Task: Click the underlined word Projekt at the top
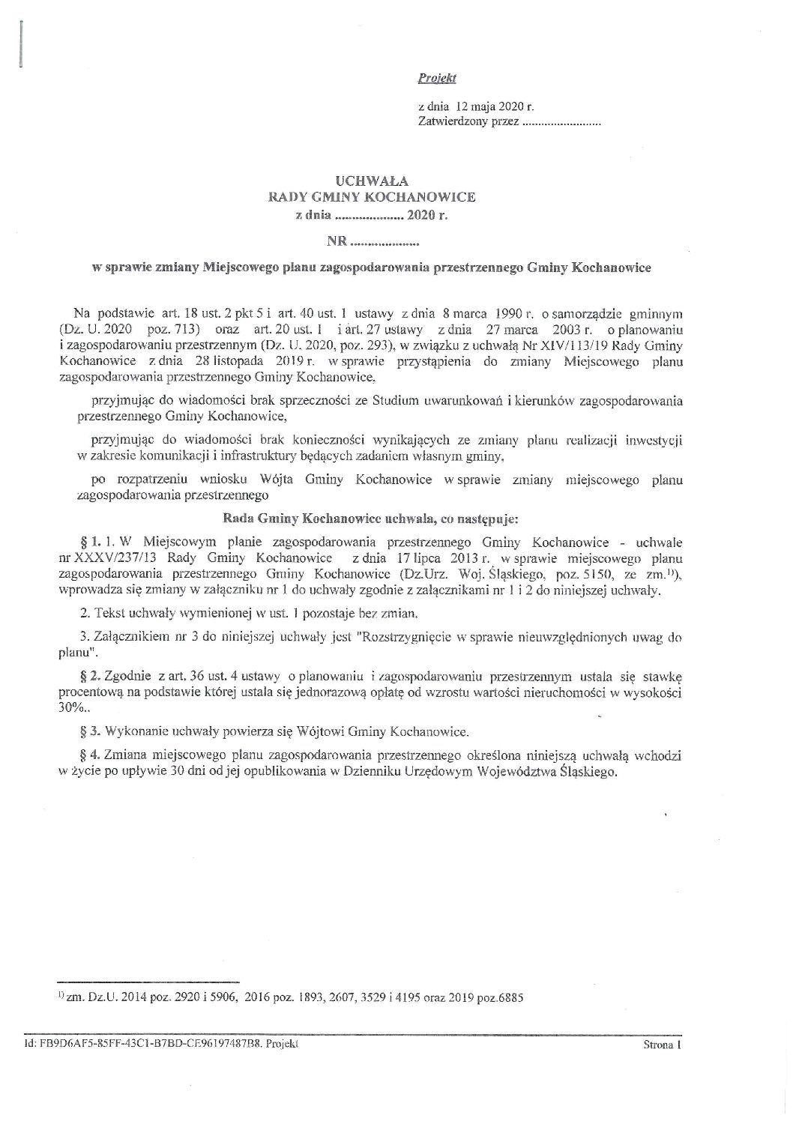click(x=438, y=78)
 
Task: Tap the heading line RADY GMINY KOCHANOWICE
click(x=373, y=197)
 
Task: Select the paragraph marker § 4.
click(x=86, y=757)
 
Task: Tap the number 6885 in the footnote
click(x=511, y=997)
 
